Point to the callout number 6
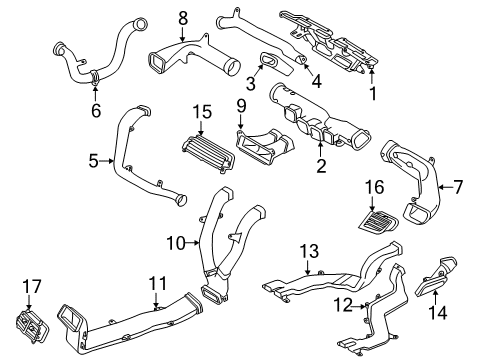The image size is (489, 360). pos(96,110)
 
